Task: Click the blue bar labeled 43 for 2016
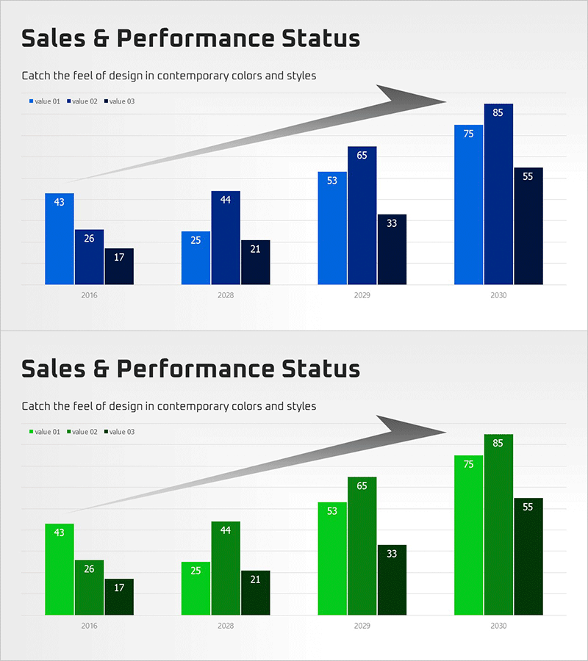(x=60, y=239)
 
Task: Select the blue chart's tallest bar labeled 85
(x=498, y=194)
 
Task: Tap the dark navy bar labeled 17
(x=119, y=267)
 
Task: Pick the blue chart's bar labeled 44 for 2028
(x=226, y=238)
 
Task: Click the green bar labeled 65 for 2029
(x=362, y=546)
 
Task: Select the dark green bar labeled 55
(x=528, y=557)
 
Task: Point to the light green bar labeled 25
(x=196, y=588)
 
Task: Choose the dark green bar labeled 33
(x=392, y=580)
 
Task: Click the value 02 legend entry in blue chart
(x=82, y=101)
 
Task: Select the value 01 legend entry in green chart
(x=44, y=432)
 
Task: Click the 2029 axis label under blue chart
(x=362, y=295)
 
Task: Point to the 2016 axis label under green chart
(x=90, y=626)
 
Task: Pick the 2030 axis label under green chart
(x=498, y=626)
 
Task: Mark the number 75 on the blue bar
(x=469, y=134)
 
